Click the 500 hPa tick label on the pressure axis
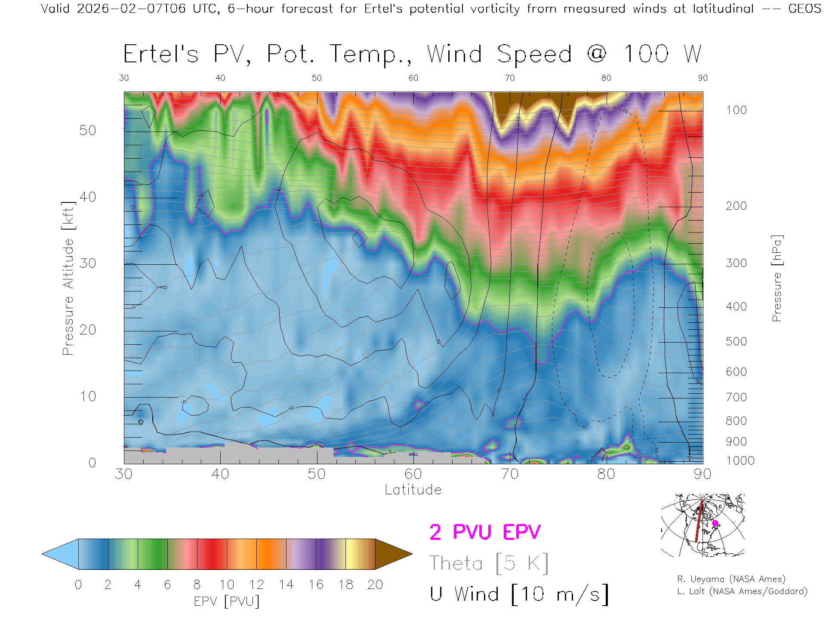click(736, 341)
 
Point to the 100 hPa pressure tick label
click(736, 110)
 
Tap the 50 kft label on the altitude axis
click(87, 130)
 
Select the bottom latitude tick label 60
click(413, 474)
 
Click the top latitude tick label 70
click(509, 78)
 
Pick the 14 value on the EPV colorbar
click(286, 585)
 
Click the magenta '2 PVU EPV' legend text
click(485, 532)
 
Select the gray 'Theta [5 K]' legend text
click(489, 563)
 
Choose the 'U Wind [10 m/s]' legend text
click(519, 594)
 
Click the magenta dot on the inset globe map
click(715, 523)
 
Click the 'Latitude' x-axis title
click(413, 490)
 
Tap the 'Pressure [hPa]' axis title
click(777, 279)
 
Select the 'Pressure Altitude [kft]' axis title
click(68, 279)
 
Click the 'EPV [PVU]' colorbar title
click(227, 601)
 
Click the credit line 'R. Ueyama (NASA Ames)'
click(731, 579)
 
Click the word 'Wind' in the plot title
click(454, 54)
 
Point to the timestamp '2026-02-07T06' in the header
click(131, 9)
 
